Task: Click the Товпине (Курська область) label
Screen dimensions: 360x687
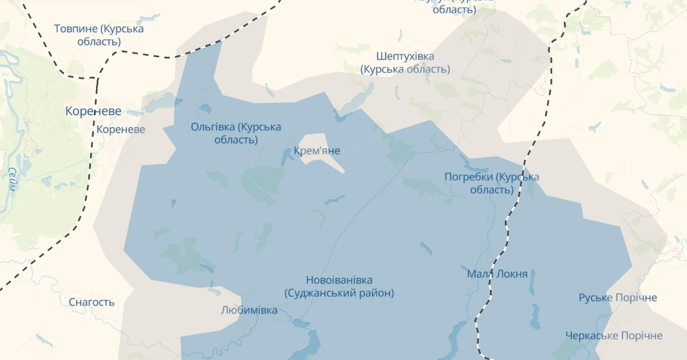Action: pyautogui.click(x=99, y=35)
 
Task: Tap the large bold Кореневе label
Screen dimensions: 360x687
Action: pyautogui.click(x=93, y=111)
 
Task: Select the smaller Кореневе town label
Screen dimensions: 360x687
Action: pyautogui.click(x=121, y=130)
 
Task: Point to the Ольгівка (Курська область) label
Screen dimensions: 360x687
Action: pyautogui.click(x=236, y=133)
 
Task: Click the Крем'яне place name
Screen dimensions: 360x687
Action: pyautogui.click(x=317, y=151)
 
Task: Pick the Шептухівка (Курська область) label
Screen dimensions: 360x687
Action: pyautogui.click(x=405, y=63)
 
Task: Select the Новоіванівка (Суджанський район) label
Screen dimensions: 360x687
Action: pyautogui.click(x=339, y=287)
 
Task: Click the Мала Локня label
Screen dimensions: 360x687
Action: pyautogui.click(x=497, y=274)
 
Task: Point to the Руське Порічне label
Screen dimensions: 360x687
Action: pyautogui.click(x=617, y=298)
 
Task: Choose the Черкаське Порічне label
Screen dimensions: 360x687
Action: pyautogui.click(x=614, y=336)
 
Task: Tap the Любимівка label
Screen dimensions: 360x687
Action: pyautogui.click(x=249, y=310)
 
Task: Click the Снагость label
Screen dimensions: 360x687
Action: pyautogui.click(x=92, y=302)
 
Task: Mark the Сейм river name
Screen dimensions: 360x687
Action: pyautogui.click(x=12, y=179)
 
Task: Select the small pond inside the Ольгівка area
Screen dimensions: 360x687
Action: pyautogui.click(x=205, y=108)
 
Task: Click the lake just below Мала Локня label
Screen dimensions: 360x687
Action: pyautogui.click(x=532, y=284)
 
